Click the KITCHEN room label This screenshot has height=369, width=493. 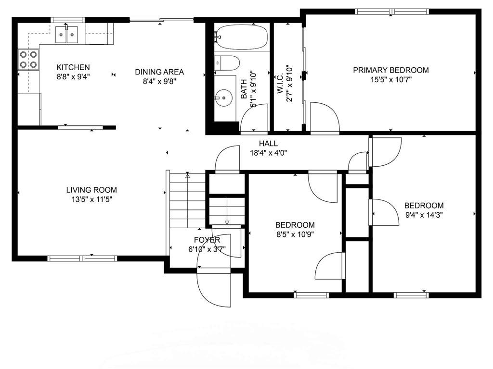click(73, 67)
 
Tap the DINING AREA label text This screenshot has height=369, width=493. click(159, 72)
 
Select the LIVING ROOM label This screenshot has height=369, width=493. click(91, 190)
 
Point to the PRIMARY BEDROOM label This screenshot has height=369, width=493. click(391, 70)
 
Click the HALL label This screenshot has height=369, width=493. click(268, 143)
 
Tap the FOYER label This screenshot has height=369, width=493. click(207, 240)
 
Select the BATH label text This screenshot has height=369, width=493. click(244, 89)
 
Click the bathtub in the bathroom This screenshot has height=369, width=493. click(242, 37)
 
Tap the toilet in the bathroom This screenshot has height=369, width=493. click(227, 63)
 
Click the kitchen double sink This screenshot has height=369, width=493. click(66, 35)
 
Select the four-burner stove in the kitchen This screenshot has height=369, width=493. click(28, 60)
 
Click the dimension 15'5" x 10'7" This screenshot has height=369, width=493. click(391, 79)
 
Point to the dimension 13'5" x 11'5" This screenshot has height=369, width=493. click(91, 199)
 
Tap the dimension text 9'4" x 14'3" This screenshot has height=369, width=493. click(424, 215)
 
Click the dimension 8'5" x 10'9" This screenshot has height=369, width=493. click(295, 234)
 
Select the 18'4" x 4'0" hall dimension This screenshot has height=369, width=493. click(268, 153)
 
